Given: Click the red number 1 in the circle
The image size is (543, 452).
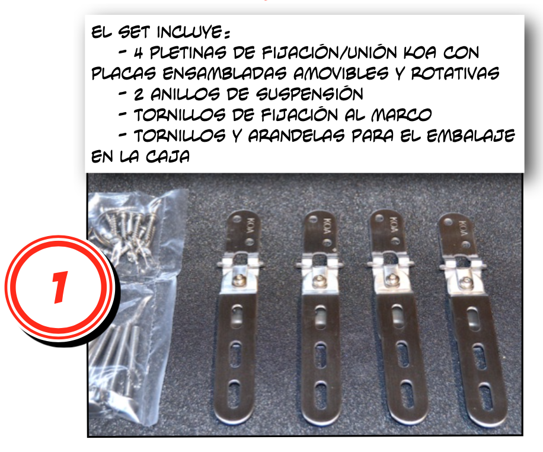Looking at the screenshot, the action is point(59,287).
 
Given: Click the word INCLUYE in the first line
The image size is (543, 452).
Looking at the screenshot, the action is point(192,32).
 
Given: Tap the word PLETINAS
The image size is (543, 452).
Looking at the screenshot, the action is point(188,53).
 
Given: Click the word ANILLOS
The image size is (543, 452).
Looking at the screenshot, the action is point(186,94).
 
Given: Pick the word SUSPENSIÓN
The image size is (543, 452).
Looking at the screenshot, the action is point(309,94).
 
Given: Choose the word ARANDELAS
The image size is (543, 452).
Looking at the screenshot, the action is point(296,136).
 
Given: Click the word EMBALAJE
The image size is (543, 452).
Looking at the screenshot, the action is point(471,136).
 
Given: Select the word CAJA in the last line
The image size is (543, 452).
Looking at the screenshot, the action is point(168,157).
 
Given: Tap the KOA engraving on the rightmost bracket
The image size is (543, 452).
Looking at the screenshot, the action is point(462,227).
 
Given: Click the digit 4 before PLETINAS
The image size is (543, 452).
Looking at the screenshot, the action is point(139,53).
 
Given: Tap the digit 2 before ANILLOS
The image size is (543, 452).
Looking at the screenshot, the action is point(139,94).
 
